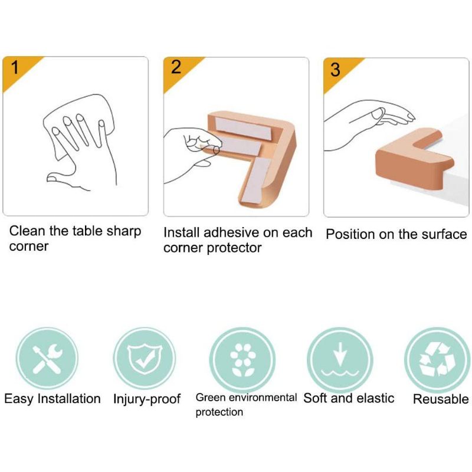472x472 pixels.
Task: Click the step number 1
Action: click(14, 67)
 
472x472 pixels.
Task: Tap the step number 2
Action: click(176, 67)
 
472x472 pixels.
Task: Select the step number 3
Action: click(335, 70)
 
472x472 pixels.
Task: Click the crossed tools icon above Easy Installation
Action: click(47, 359)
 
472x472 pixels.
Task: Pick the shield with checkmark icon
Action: click(145, 359)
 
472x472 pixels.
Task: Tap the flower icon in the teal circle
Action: click(242, 360)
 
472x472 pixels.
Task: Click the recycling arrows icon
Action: click(437, 359)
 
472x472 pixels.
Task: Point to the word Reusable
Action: click(441, 399)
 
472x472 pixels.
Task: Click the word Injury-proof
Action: click(146, 399)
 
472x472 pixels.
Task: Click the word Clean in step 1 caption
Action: click(27, 231)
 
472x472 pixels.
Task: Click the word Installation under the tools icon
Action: click(69, 399)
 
